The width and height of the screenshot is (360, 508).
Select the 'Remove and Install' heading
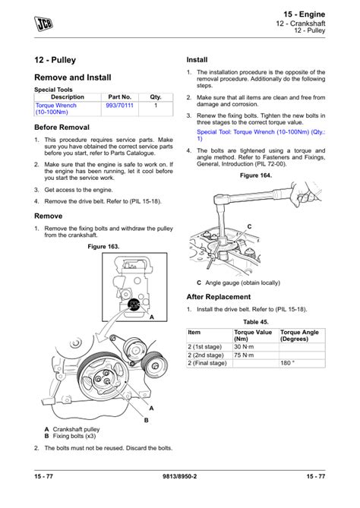pos(73,77)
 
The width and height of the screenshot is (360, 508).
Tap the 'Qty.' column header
pos(156,97)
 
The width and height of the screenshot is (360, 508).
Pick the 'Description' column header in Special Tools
pos(68,97)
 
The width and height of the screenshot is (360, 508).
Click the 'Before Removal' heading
pos(62,128)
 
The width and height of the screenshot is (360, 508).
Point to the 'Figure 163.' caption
pos(104,247)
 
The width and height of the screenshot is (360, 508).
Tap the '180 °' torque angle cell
pos(288,364)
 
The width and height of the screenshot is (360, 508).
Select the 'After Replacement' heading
pos(219,297)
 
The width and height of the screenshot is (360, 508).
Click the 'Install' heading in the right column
pos(197,60)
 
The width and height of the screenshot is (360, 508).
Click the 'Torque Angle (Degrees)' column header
pos(302,335)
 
